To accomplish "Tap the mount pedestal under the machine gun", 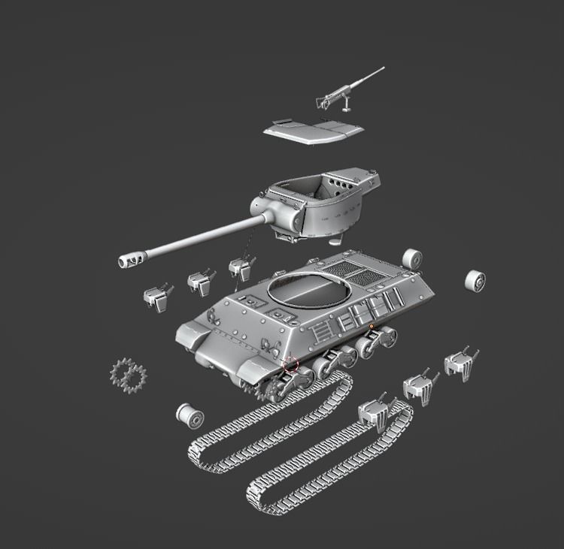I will point(347,107).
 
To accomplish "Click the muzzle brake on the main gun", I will point(129,259).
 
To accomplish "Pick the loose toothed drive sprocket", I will point(129,373).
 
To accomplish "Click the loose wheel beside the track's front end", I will point(190,415).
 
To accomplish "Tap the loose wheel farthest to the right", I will point(475,280).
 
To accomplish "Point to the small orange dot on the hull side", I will point(371,326).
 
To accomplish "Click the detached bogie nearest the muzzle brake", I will point(159,296).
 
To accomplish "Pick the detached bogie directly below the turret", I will point(241,267).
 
